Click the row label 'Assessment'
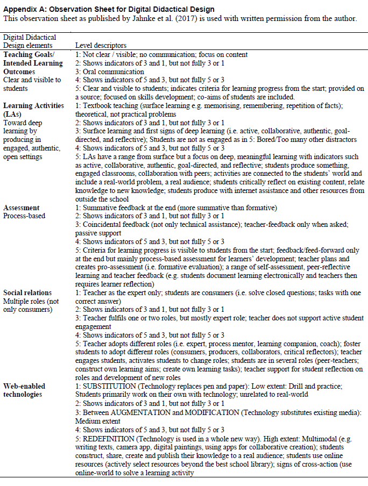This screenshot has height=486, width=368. pyautogui.click(x=22, y=208)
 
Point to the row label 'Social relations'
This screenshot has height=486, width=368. pyautogui.click(x=28, y=292)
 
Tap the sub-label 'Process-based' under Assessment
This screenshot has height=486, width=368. pyautogui.click(x=24, y=216)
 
